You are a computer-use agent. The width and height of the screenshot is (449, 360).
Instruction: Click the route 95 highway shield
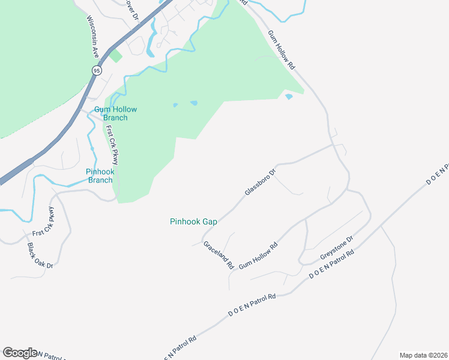coord(97,71)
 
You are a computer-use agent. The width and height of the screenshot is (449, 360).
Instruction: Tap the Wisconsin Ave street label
coord(93,36)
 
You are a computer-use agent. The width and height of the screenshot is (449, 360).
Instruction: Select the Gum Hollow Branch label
coord(115,113)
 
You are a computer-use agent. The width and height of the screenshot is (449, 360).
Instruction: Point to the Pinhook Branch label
coord(100,175)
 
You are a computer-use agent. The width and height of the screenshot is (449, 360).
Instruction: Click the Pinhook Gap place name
coord(193,221)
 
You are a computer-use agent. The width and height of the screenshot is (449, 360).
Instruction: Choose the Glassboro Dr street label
coord(260,182)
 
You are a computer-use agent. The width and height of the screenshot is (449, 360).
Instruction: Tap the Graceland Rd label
coord(218,254)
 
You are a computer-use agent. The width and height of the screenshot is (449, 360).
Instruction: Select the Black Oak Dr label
coord(40,255)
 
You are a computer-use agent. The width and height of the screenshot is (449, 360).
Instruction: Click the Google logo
coord(20,353)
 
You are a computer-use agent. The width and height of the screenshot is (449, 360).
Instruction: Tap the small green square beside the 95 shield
coord(115,56)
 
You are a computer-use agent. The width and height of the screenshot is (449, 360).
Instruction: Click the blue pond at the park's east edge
coord(289,96)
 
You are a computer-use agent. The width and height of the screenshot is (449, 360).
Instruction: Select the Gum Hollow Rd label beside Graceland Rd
coord(258,255)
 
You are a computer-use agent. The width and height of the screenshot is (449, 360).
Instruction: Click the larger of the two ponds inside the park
coord(194,103)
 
